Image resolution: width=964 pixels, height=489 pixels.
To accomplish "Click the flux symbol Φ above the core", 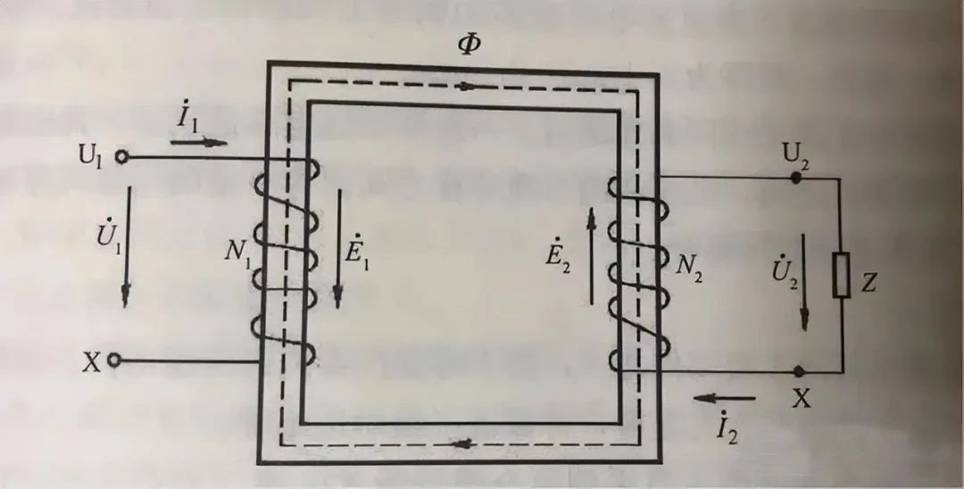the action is (470, 45).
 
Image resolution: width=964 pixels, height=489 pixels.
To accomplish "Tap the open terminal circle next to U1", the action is (121, 157).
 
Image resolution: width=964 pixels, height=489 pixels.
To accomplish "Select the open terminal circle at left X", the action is (113, 361).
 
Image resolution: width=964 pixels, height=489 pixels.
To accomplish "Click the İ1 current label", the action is (188, 117).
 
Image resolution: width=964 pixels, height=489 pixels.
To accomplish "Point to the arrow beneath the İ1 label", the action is (198, 143).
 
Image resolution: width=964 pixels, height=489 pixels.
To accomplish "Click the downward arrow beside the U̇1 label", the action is (127, 246).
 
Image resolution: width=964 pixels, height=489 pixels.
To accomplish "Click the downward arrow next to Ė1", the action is (337, 248).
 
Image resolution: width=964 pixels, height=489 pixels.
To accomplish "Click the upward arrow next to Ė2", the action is (592, 255).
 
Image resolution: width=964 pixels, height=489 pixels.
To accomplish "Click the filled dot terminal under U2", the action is (797, 178).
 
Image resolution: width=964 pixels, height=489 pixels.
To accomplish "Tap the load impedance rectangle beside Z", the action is (841, 275).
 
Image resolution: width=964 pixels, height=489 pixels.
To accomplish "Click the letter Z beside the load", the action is (868, 283).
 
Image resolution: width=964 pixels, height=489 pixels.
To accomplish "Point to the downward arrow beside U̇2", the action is (803, 281).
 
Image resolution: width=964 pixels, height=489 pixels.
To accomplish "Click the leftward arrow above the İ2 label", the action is (724, 399).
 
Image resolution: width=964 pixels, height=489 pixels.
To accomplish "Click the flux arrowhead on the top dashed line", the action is (469, 87).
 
